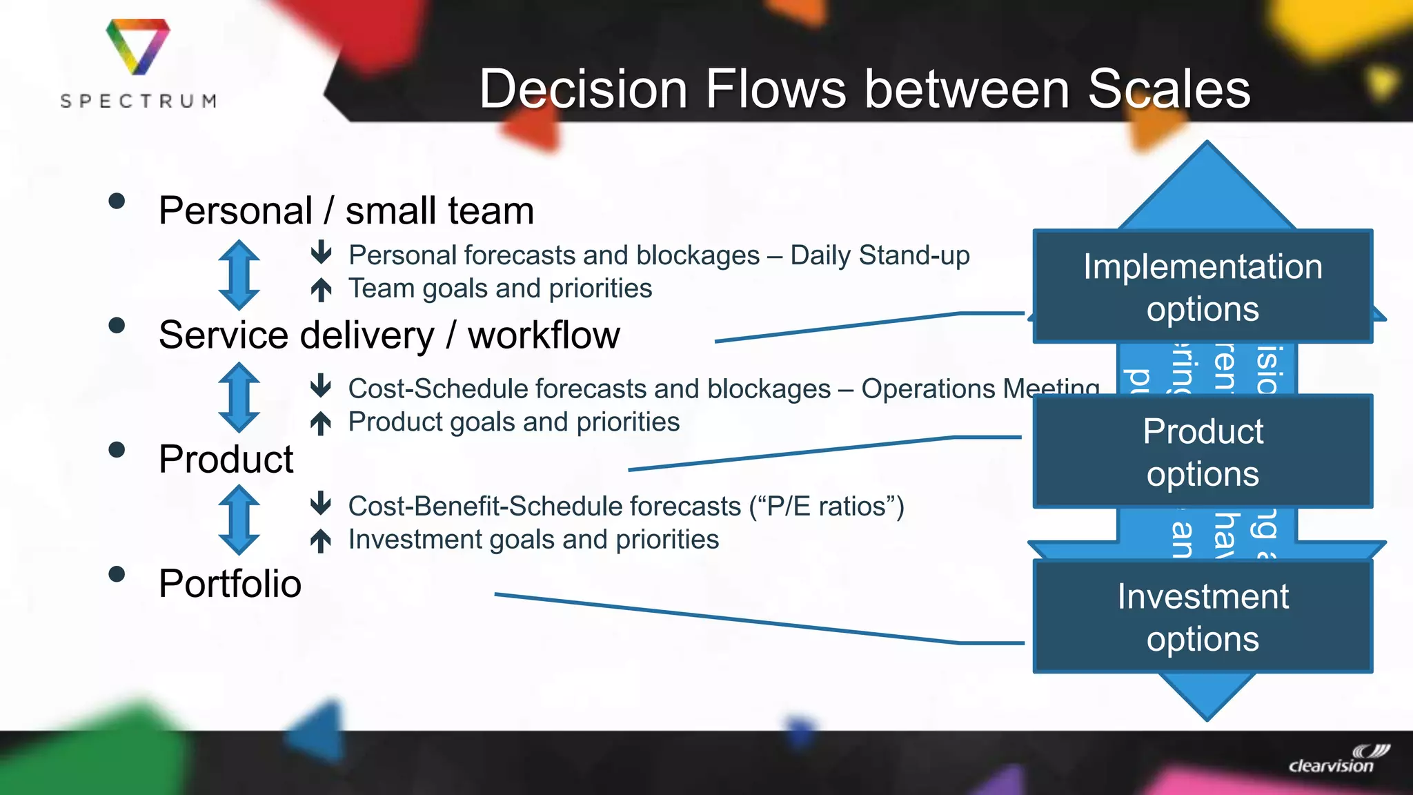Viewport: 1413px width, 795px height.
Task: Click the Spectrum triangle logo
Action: [137, 46]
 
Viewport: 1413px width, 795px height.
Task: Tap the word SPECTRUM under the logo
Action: [139, 101]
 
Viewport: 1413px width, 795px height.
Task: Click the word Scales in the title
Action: [1169, 89]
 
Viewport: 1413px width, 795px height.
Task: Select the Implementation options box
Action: [1203, 286]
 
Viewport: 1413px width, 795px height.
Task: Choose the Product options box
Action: [1203, 452]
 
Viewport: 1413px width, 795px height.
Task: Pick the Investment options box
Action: [1203, 617]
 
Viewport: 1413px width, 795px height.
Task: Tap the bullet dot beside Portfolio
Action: [117, 574]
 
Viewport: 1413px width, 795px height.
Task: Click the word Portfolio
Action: [230, 584]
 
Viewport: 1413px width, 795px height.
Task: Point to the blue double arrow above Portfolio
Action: [239, 520]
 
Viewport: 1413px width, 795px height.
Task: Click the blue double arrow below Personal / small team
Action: [239, 275]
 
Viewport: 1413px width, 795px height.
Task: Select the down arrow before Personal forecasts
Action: [321, 253]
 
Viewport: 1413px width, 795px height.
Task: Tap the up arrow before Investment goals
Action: [321, 540]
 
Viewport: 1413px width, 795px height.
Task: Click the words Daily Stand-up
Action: [880, 255]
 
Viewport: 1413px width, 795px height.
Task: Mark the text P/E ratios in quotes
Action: [826, 507]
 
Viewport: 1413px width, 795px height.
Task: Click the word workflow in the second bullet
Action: [544, 335]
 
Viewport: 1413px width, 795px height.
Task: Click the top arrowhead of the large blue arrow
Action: [1207, 183]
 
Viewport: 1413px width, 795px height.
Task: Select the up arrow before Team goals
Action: [321, 289]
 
